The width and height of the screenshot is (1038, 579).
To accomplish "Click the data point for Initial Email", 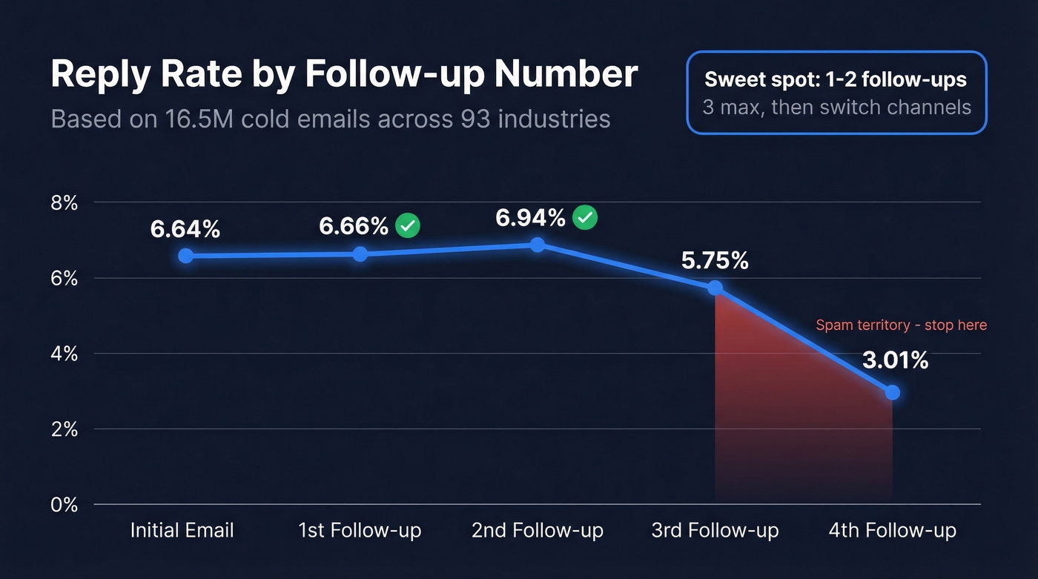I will tap(185, 256).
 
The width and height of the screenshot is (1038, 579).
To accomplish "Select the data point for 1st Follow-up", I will tap(360, 254).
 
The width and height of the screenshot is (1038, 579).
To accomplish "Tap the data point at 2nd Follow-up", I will tap(538, 245).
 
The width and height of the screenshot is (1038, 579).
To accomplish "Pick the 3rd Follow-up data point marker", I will tap(715, 288).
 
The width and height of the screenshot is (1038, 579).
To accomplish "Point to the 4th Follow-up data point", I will tap(892, 392).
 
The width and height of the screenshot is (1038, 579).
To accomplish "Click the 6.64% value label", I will tap(185, 230).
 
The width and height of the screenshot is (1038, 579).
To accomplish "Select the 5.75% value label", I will tap(714, 261).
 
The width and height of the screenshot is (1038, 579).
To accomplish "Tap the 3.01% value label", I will tap(895, 361).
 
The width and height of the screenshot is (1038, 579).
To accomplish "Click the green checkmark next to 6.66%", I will tap(407, 225).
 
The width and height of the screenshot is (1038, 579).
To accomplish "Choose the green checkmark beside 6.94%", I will tap(585, 217).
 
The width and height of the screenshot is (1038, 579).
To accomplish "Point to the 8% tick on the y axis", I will tap(64, 202).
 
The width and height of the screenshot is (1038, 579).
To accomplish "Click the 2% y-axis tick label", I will tap(64, 429).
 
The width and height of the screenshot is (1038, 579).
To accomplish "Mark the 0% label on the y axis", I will tap(64, 505).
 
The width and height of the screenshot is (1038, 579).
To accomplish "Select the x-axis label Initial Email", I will tap(182, 531).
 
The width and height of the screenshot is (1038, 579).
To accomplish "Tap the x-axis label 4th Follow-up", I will tap(892, 531).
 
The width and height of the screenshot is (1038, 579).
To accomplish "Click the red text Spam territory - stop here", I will tap(901, 325).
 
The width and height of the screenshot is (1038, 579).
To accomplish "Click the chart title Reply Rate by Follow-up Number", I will tap(344, 74).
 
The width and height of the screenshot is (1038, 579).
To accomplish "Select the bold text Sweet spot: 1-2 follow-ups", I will tap(836, 79).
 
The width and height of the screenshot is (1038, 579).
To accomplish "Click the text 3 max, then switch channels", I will tap(836, 107).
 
